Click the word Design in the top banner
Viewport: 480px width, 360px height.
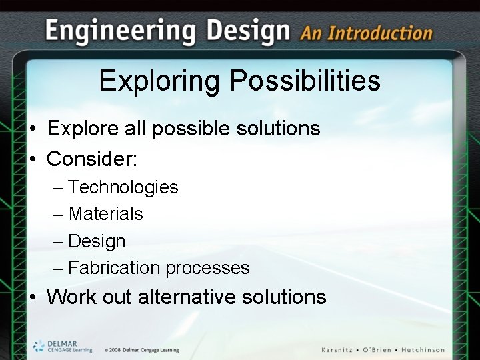coord(248,30)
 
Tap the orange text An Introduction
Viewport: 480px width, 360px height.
coord(366,33)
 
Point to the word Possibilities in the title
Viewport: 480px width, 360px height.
coord(305,82)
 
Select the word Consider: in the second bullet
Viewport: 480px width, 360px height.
coord(92,159)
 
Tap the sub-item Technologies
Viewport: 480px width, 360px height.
coord(123,187)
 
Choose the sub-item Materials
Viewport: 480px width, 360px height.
coord(105,214)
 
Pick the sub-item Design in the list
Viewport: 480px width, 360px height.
coord(97,241)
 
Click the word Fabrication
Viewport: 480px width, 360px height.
coord(114,268)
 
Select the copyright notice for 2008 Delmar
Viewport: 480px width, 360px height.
coord(141,350)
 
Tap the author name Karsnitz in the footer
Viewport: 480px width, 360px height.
coord(343,350)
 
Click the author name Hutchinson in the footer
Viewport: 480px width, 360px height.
coord(420,350)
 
